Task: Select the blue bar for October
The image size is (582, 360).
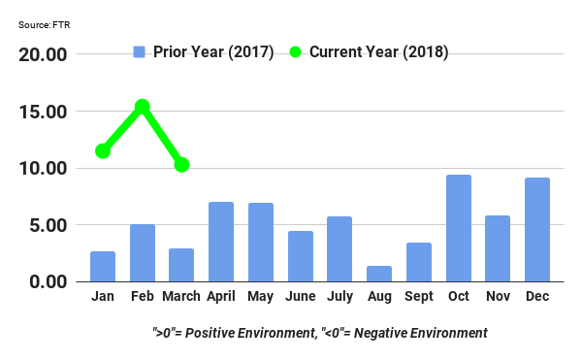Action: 459,228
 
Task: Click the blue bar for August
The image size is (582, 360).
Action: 380,274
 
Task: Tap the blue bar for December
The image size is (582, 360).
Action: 537,230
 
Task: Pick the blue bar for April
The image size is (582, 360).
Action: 221,242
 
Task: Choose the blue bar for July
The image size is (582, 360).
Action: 340,248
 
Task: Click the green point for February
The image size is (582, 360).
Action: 142,106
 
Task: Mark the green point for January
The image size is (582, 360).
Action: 103,150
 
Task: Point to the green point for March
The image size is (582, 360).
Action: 181,165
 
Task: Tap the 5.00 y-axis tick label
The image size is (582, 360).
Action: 47,225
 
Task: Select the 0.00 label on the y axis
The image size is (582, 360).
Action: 47,282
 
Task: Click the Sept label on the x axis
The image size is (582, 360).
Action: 419,297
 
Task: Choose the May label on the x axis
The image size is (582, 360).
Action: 261,297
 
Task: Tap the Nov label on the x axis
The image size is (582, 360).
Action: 498,297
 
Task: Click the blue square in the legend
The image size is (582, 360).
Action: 140,51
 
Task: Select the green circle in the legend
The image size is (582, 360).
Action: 296,51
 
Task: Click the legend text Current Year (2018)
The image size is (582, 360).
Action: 378,51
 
